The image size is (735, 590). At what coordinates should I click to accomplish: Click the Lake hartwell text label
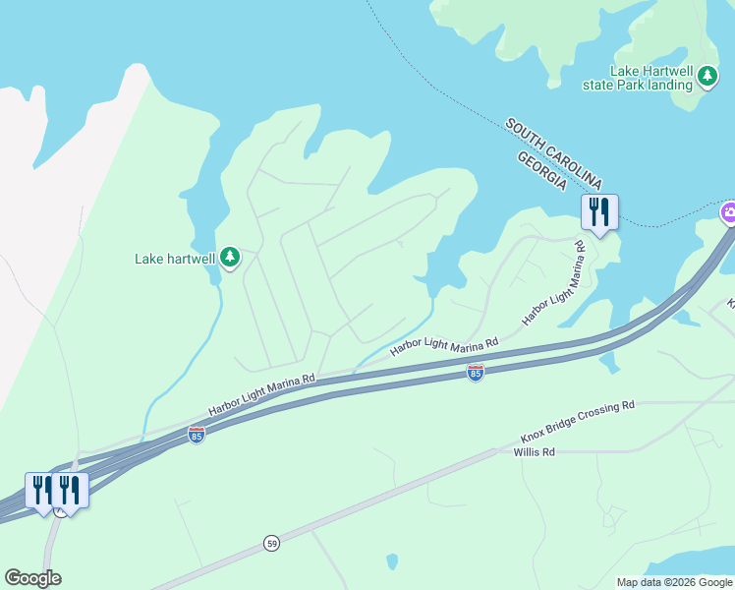tap(174, 259)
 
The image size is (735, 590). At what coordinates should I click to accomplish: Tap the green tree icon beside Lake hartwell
tap(230, 258)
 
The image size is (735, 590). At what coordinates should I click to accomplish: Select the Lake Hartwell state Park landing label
tap(652, 78)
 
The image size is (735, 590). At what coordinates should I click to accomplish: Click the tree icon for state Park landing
tap(707, 76)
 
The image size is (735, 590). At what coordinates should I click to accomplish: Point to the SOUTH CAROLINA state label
tap(553, 153)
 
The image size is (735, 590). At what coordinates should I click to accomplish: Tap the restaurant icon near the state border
tap(598, 210)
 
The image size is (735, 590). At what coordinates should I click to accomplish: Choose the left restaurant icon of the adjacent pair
tap(42, 489)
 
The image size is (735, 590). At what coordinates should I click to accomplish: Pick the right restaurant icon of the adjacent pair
tap(70, 489)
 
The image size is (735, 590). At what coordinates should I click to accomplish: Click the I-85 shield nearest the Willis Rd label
tap(476, 373)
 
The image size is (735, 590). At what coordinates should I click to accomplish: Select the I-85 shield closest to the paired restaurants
tap(196, 435)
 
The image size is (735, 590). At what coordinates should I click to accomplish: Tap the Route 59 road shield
tap(271, 543)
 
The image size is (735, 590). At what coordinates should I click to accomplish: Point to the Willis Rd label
tap(535, 452)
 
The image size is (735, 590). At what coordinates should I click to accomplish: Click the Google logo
tap(32, 578)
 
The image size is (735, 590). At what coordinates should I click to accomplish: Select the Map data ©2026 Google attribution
tap(674, 582)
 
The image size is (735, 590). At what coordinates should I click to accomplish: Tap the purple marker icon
tap(729, 212)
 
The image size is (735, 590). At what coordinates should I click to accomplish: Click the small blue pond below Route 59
tap(392, 561)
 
